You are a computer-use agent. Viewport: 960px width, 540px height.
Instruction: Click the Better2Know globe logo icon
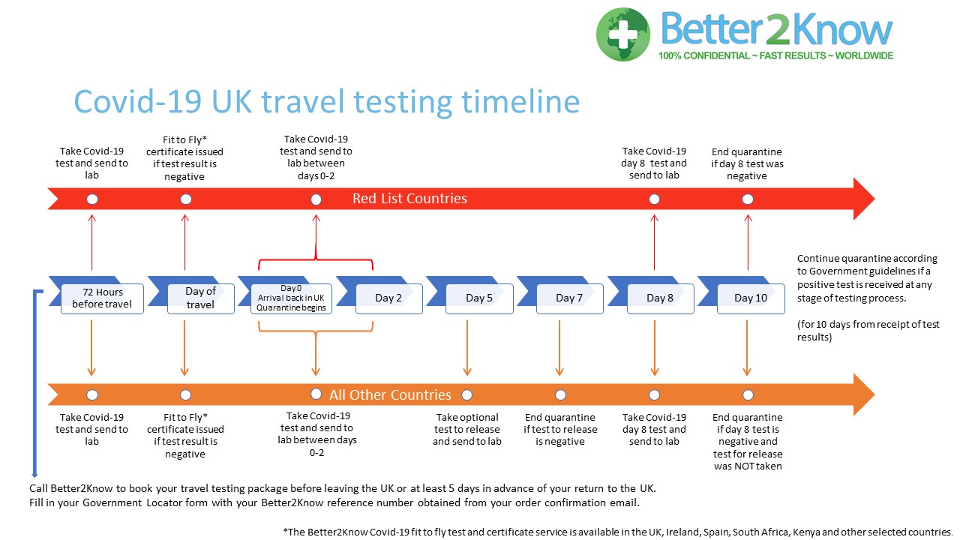[x=623, y=34]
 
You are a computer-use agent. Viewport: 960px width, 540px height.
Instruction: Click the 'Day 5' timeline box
[x=479, y=298]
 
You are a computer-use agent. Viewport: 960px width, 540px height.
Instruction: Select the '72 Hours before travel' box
[x=102, y=298]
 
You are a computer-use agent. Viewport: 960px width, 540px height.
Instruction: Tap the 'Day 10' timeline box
[x=751, y=298]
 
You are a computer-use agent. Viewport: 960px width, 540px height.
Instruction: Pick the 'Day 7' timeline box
[x=569, y=298]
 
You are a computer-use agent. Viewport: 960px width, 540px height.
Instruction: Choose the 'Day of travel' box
[x=200, y=298]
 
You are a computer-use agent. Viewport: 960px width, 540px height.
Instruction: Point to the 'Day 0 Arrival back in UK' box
[x=291, y=298]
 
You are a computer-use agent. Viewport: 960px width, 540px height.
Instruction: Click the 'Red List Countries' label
[x=409, y=199]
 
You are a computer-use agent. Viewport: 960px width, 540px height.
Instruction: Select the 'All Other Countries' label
[x=390, y=394]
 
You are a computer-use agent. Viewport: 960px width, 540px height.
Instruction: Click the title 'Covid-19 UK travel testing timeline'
[x=326, y=102]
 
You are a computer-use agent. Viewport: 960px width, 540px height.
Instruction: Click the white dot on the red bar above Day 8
[x=655, y=199]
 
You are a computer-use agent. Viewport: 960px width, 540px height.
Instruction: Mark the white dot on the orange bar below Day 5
[x=466, y=394]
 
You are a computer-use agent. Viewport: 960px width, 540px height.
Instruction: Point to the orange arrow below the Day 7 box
[x=559, y=346]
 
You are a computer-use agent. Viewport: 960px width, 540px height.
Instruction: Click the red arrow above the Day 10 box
[x=748, y=241]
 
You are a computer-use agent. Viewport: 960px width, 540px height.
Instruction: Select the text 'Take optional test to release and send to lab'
[x=466, y=429]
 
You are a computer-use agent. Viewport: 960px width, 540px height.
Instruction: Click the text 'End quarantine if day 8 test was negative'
[x=747, y=163]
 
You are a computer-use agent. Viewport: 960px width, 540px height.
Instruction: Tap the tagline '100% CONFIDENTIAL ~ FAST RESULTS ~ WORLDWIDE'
[x=775, y=55]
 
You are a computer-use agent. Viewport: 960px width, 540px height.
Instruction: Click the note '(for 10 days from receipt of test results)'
[x=868, y=331]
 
